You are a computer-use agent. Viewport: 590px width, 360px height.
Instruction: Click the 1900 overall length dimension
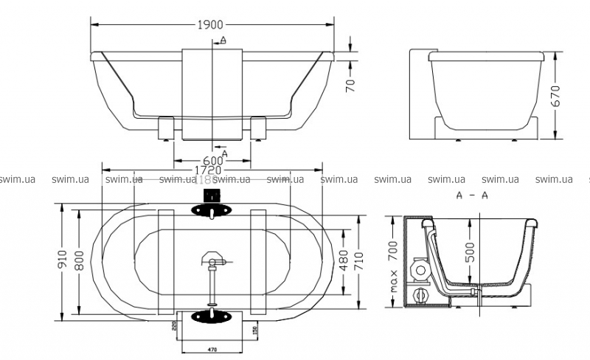pos(211,24)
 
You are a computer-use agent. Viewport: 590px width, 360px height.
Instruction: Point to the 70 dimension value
pos(351,85)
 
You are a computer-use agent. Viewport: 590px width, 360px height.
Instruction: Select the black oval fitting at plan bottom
pos(212,316)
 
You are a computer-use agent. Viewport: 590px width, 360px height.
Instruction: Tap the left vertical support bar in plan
pos(166,262)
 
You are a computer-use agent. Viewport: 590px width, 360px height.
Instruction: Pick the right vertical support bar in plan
pos(258,262)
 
